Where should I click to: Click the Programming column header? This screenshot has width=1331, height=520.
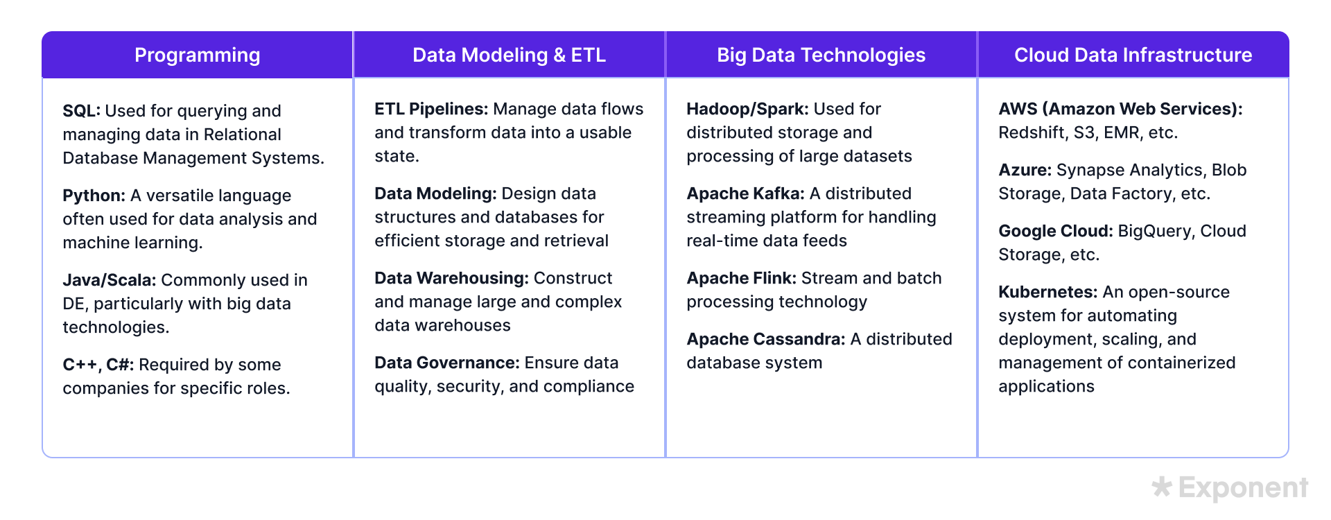coord(198,55)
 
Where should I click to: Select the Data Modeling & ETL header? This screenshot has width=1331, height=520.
coord(509,55)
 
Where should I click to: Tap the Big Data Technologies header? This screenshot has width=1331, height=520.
coord(821,55)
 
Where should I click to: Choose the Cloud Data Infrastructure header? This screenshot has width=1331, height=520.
coord(1133,55)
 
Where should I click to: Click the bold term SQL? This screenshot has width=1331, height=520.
coord(81,111)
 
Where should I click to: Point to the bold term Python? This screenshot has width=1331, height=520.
coord(94,196)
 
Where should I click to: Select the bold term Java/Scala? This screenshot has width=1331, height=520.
coord(109,280)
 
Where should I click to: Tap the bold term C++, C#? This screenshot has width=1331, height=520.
coord(98,365)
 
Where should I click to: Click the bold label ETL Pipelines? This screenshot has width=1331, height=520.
coord(430,109)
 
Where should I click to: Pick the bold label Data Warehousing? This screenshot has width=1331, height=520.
coord(451,278)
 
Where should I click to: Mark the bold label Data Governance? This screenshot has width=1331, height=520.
coord(446,363)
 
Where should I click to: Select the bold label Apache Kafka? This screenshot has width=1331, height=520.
coord(745,193)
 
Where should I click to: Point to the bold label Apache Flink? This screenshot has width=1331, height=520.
coord(741,278)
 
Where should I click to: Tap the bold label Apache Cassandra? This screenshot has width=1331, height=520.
coord(765,339)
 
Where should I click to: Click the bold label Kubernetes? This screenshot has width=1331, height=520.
coord(1047,292)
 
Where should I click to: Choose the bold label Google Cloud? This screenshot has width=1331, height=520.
coord(1055,231)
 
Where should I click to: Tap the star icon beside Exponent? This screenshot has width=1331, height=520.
coord(1161,487)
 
